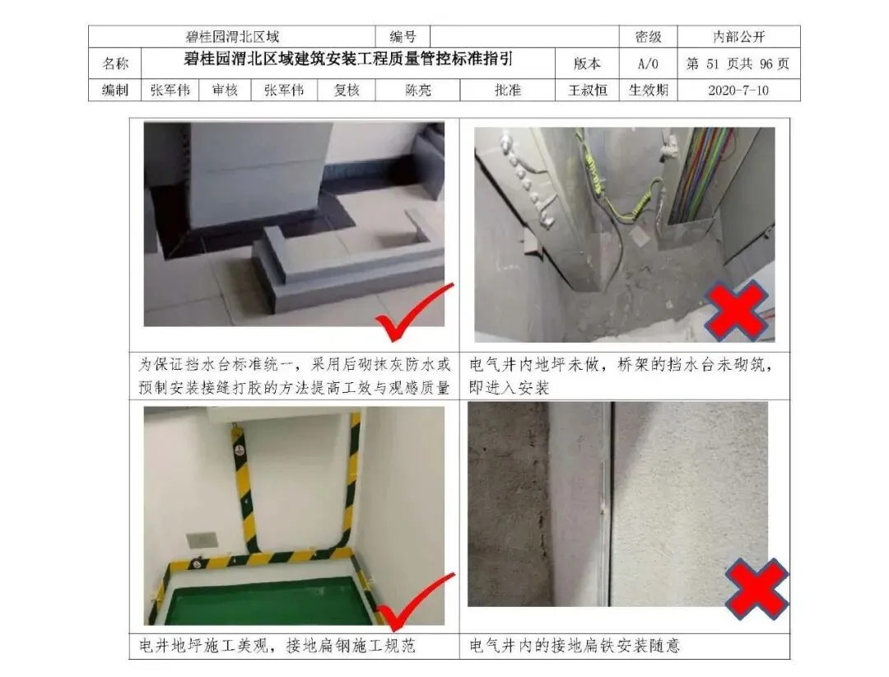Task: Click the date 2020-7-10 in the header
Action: point(738,91)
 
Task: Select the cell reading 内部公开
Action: point(738,37)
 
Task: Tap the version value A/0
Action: point(648,63)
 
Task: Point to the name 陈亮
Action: point(418,91)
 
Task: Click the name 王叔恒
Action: point(588,91)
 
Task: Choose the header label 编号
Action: point(403,37)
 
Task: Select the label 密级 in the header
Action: point(648,37)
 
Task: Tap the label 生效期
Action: point(648,91)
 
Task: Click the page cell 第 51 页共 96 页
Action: point(738,63)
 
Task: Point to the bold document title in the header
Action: point(348,58)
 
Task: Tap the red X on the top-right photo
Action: point(736,310)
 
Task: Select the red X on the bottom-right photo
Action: point(756,589)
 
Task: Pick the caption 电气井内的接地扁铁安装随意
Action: point(575,646)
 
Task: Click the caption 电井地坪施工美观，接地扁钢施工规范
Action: point(277,646)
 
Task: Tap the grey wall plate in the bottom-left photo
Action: point(201,539)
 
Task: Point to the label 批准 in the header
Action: point(507,91)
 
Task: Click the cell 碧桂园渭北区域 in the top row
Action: point(232,37)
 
